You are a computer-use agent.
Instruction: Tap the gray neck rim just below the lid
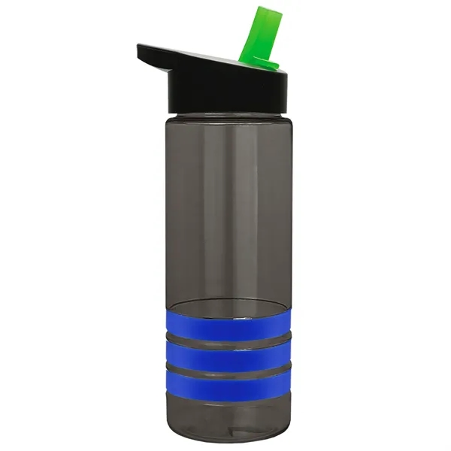coord(225,117)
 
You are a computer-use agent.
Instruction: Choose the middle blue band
coord(225,354)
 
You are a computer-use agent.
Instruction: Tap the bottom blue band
coord(225,386)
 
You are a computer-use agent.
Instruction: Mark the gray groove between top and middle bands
coord(225,339)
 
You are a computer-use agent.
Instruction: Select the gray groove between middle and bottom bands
coord(225,370)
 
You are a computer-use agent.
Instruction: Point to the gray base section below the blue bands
coord(225,413)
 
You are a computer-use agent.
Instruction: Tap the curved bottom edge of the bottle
coord(225,439)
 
